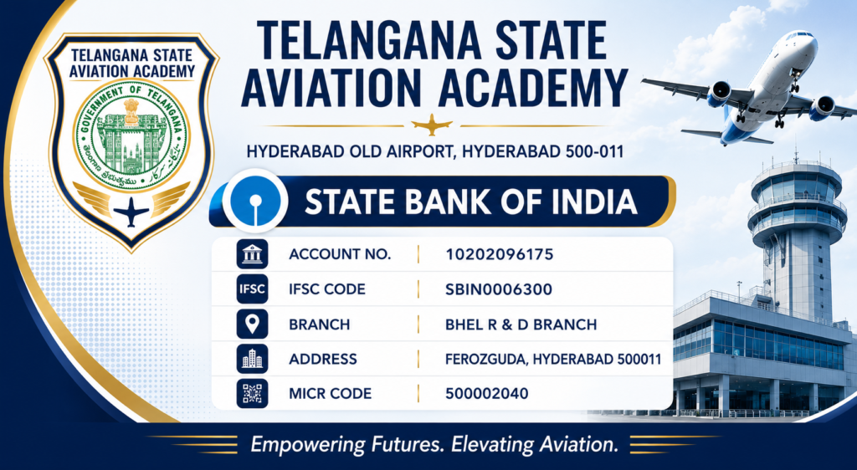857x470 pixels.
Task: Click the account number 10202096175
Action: [499, 254]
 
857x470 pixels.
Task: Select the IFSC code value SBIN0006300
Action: [499, 289]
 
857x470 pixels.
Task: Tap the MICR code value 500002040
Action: [486, 394]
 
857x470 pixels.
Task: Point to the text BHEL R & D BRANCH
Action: [521, 324]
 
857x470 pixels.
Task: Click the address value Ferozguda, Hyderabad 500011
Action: [553, 359]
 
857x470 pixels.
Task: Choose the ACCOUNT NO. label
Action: [340, 254]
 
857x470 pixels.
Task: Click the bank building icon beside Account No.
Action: [252, 254]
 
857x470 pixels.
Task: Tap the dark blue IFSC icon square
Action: [252, 289]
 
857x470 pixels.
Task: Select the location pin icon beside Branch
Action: [252, 324]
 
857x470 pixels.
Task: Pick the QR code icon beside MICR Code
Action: [252, 394]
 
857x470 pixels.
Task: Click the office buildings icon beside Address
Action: [252, 359]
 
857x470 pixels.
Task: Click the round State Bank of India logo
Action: [254, 201]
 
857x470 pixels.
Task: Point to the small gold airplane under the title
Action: [432, 125]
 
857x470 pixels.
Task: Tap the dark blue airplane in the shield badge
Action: [131, 212]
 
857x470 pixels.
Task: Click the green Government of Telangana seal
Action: [131, 135]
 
